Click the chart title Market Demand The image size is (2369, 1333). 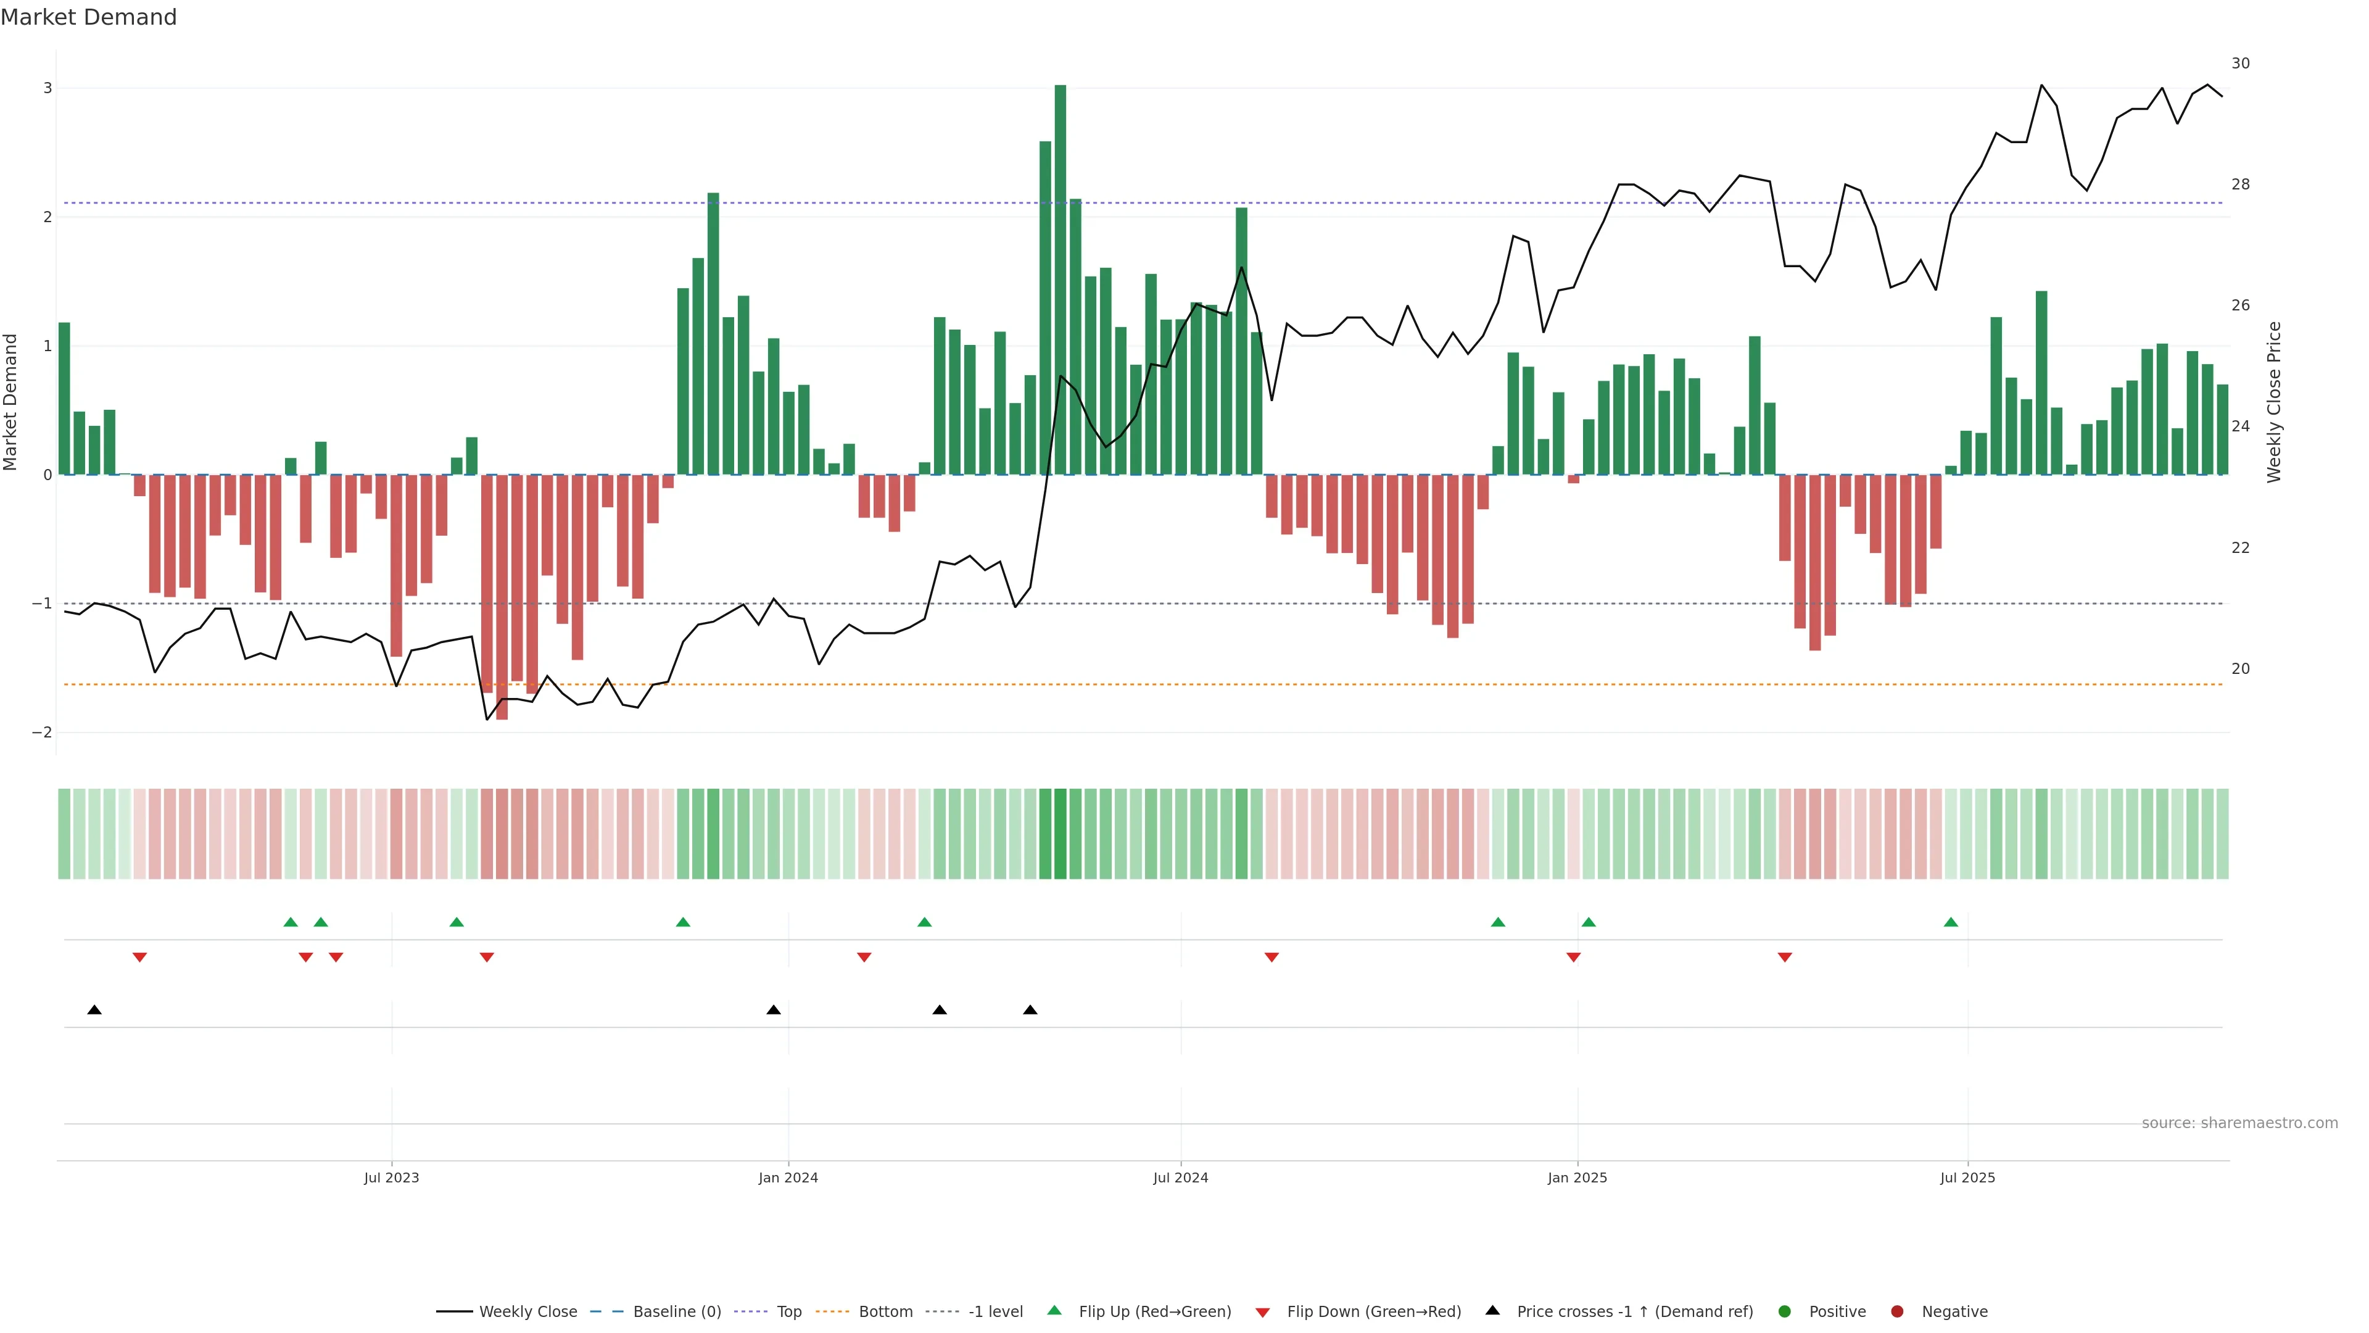click(x=88, y=17)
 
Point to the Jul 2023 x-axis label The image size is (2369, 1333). click(x=391, y=1177)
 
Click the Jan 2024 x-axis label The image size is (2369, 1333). click(x=788, y=1177)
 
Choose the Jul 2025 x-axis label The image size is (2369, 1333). click(x=1967, y=1177)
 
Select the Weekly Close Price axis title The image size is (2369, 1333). click(x=2273, y=402)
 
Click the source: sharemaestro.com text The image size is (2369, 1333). click(x=2239, y=1123)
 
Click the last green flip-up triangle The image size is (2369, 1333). click(x=1951, y=922)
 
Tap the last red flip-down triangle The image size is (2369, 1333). click(x=1784, y=958)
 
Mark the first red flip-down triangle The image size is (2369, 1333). click(x=140, y=958)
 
